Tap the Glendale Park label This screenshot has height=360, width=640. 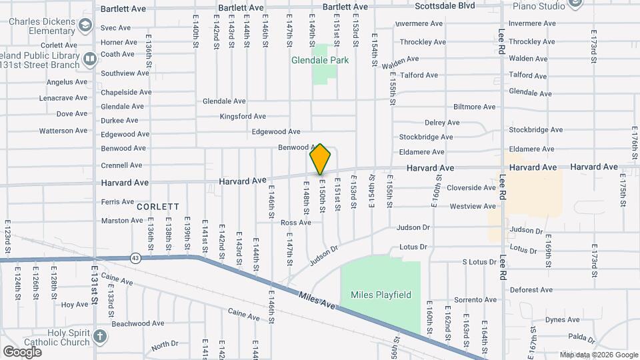pyautogui.click(x=320, y=60)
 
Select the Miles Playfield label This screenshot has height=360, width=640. pyautogui.click(x=381, y=295)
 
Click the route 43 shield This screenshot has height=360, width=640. pyautogui.click(x=136, y=258)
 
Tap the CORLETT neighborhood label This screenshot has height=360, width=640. pyautogui.click(x=157, y=207)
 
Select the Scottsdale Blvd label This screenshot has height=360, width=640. pyautogui.click(x=445, y=6)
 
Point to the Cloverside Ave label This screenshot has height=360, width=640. pyautogui.click(x=471, y=188)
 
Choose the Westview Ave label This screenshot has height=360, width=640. pyautogui.click(x=473, y=207)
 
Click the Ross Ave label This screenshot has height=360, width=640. pyautogui.click(x=296, y=223)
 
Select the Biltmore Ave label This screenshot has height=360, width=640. pyautogui.click(x=475, y=107)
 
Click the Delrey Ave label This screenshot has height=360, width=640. pyautogui.click(x=442, y=123)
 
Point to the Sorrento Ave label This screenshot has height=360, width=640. pyautogui.click(x=476, y=300)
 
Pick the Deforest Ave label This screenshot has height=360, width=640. pyautogui.click(x=531, y=290)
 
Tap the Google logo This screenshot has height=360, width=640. pyautogui.click(x=22, y=351)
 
